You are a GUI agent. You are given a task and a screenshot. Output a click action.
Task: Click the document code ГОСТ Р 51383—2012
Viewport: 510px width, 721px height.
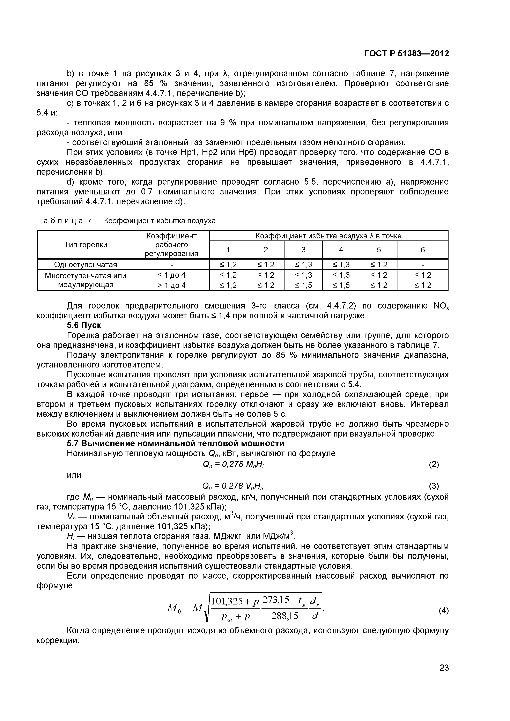click(406, 54)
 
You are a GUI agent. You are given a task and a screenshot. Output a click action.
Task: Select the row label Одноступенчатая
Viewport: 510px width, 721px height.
click(86, 264)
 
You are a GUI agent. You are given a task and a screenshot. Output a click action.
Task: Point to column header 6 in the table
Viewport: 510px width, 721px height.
click(422, 250)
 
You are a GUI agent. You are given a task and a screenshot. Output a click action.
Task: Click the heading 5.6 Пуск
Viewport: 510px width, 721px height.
click(84, 325)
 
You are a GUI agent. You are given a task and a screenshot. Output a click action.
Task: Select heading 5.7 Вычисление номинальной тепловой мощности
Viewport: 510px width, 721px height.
click(176, 443)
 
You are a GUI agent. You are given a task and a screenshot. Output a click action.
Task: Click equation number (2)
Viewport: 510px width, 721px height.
click(434, 464)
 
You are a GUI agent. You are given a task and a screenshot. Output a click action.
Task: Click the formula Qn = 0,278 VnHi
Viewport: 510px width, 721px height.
click(233, 486)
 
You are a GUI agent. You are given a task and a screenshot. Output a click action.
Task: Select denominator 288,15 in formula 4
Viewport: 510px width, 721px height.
click(284, 616)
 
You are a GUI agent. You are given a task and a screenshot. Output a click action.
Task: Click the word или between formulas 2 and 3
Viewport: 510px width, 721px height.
click(74, 475)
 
